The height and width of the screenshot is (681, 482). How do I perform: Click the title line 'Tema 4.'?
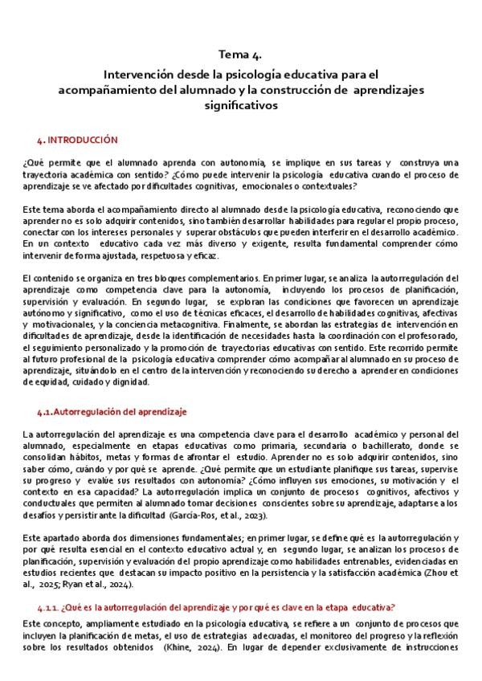coord(242,54)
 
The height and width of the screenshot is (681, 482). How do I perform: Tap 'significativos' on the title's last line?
coord(242,104)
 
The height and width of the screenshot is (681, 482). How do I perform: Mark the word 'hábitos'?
coord(84,457)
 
